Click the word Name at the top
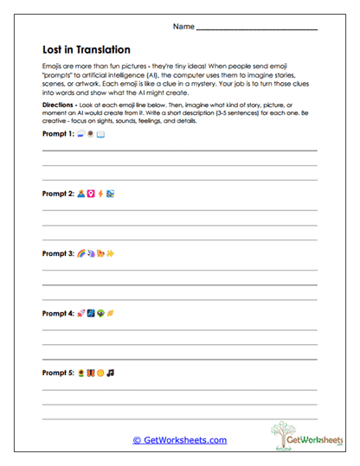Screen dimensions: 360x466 click(183, 27)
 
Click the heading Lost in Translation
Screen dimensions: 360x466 click(87, 50)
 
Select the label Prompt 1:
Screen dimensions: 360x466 click(58, 135)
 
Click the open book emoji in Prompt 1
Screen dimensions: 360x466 click(100, 135)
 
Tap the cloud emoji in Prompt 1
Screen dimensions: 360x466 click(80, 135)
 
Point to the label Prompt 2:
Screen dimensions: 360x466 click(58, 194)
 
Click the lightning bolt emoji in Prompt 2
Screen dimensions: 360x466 click(100, 194)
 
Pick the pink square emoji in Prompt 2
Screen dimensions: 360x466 click(91, 194)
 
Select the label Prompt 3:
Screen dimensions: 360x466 click(58, 254)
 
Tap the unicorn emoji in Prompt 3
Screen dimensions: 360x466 click(91, 254)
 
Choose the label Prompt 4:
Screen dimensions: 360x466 click(58, 314)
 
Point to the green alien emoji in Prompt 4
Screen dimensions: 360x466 click(100, 314)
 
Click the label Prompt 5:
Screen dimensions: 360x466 click(58, 373)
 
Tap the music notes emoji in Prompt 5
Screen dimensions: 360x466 click(111, 373)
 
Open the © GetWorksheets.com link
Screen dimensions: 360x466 click(179, 440)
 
